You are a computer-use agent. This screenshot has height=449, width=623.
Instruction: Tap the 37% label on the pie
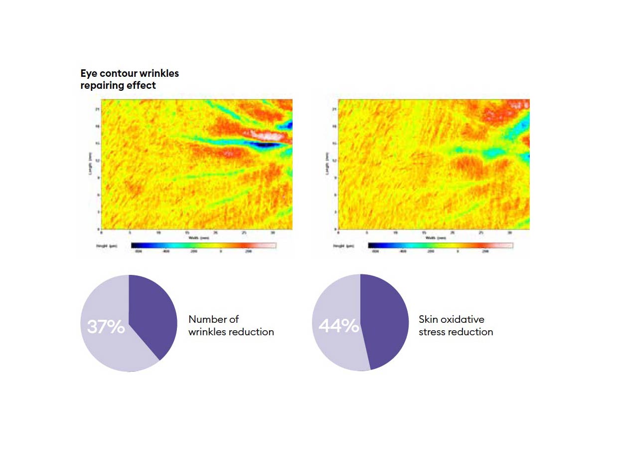coord(106,327)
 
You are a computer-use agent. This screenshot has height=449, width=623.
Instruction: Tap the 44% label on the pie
coord(339,326)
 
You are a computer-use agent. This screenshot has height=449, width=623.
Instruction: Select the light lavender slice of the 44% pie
coord(336,349)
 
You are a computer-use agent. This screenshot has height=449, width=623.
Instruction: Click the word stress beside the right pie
coord(432,332)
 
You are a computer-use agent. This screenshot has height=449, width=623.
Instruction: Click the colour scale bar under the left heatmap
coord(203,245)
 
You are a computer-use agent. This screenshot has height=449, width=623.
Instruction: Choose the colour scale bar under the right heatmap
coord(441,245)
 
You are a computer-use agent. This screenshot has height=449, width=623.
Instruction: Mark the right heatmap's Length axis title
coord(327,164)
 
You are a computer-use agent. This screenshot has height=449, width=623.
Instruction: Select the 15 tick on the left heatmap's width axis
coord(187,232)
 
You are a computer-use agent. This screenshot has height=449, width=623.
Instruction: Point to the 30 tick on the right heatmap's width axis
coord(509,232)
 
